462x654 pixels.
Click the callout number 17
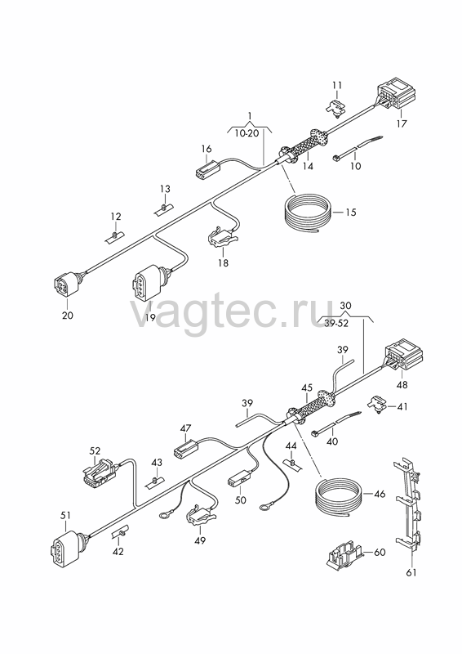tap(402, 123)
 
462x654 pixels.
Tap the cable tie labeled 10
tap(358, 148)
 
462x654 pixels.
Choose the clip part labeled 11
tap(335, 107)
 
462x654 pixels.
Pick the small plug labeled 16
tap(208, 168)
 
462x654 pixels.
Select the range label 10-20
tap(247, 133)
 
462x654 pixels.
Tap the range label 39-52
tap(336, 323)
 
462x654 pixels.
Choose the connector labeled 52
tap(100, 473)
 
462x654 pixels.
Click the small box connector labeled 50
tap(240, 479)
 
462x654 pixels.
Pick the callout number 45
tap(307, 387)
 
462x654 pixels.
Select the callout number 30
tap(345, 305)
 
